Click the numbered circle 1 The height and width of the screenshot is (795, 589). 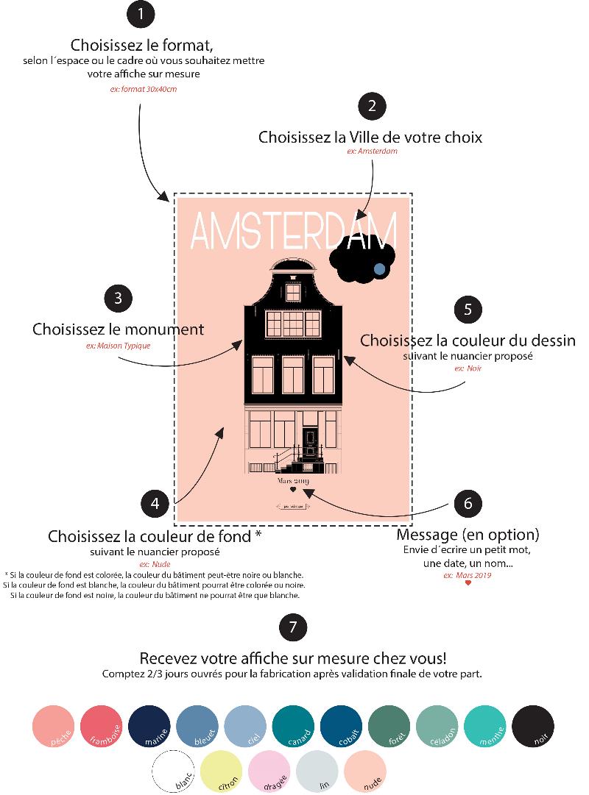click(x=141, y=14)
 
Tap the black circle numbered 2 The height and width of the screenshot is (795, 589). click(x=373, y=106)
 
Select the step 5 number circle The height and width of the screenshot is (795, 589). click(x=468, y=309)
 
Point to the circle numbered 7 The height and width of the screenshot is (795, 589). click(x=293, y=627)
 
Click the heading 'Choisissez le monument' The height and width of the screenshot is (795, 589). click(x=118, y=329)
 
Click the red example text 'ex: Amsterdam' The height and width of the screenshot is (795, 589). click(x=372, y=151)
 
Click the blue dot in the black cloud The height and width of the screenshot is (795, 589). click(x=379, y=269)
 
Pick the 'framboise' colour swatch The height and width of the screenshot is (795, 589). click(x=102, y=725)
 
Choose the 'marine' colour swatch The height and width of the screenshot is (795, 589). click(x=150, y=725)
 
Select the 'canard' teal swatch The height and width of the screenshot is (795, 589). click(x=294, y=725)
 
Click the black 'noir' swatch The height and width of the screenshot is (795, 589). click(x=533, y=725)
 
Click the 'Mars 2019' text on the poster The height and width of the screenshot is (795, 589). click(x=292, y=481)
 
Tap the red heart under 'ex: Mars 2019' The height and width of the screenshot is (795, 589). click(x=468, y=583)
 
